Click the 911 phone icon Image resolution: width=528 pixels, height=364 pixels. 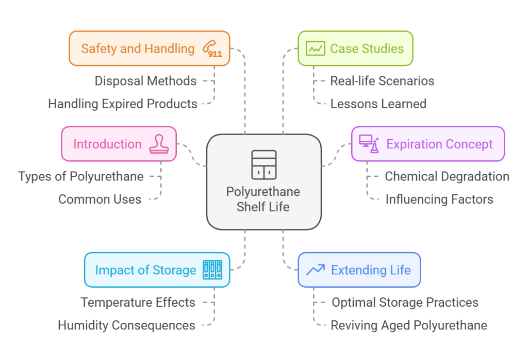pos(212,48)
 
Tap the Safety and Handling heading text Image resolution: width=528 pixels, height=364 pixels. pos(138,48)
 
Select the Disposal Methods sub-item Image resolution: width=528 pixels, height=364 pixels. pos(145,81)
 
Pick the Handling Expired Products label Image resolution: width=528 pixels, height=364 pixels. pos(123,104)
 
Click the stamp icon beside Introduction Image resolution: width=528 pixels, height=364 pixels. pos(158,144)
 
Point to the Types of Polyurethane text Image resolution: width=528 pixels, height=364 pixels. pos(81,176)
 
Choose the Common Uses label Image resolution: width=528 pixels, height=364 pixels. pos(100,199)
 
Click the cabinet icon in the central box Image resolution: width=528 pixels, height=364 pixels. pos(263,164)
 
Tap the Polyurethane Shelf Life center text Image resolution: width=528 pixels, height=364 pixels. pos(263,199)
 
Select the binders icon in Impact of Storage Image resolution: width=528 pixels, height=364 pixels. pos(212,270)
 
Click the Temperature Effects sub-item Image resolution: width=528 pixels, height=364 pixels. pos(138,302)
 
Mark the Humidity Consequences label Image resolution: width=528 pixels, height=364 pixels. pos(126,325)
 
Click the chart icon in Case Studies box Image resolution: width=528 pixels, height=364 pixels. pos(315,48)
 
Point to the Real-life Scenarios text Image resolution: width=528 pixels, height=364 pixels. pos(382,81)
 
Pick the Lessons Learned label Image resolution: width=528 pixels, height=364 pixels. pos(378,104)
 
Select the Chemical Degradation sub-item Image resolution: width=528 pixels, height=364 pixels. pos(447,176)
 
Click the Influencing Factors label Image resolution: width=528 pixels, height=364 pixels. pos(439,199)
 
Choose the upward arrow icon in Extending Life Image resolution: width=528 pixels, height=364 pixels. pos(315,270)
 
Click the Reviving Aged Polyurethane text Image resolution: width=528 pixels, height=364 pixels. pos(408,325)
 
